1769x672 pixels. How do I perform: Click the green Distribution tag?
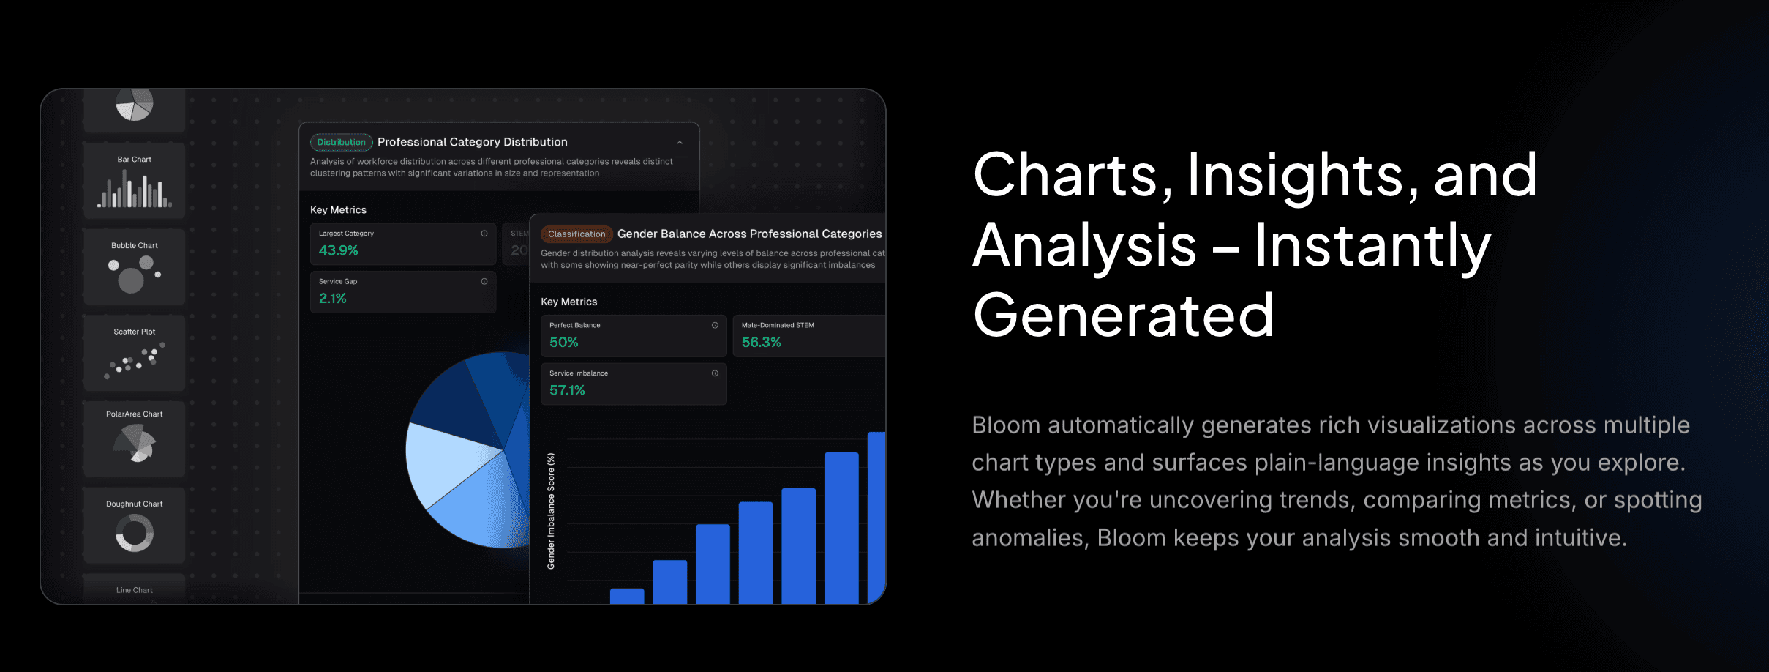341,142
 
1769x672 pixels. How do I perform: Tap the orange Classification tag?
576,234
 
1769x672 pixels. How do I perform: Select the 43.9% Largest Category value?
339,250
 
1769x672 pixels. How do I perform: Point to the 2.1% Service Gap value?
333,299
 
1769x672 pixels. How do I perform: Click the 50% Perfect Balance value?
564,343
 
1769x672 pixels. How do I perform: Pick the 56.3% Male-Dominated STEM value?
762,343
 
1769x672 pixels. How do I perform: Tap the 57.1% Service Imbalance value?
568,391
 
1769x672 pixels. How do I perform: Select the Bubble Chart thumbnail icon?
135,274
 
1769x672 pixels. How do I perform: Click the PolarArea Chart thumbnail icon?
135,444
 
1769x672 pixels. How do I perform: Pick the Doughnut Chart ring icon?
135,532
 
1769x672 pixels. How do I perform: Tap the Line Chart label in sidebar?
135,590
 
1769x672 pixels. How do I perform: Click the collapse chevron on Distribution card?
680,143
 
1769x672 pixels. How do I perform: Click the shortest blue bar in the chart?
627,596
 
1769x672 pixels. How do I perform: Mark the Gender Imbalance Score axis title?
551,511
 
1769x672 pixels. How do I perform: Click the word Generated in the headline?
1123,316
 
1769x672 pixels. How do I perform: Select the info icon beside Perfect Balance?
715,326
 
